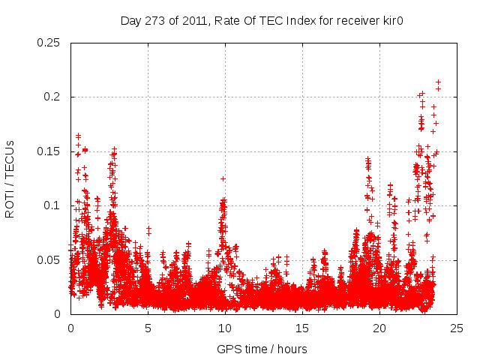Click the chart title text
262,20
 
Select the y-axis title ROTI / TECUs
10,178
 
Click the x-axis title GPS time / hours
262,349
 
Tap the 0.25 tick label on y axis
49,43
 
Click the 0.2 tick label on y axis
52,97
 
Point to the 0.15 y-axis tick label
49,151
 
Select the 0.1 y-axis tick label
52,205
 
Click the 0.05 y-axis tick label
49,260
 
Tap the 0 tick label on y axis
58,314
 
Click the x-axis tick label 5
148,328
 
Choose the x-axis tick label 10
225,328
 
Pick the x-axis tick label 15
302,328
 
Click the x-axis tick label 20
379,328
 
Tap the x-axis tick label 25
457,328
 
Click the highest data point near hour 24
438,82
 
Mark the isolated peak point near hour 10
223,178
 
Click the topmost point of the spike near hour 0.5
78,136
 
